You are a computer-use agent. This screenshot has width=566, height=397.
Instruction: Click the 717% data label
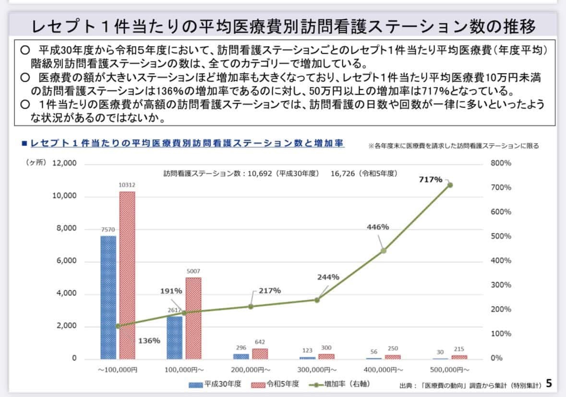click(x=431, y=179)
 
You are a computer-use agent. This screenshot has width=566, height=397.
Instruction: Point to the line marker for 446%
click(x=384, y=250)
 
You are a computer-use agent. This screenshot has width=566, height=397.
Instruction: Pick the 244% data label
click(x=328, y=277)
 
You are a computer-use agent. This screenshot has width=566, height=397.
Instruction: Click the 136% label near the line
click(x=149, y=340)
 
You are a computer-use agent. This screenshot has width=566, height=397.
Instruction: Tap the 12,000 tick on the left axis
click(x=64, y=163)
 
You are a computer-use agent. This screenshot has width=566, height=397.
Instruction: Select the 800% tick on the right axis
click(x=501, y=163)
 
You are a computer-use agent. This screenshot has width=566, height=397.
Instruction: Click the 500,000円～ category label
click(x=449, y=370)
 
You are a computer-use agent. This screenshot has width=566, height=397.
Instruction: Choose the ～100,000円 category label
click(x=118, y=370)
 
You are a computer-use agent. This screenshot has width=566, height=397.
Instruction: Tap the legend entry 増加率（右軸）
click(x=347, y=384)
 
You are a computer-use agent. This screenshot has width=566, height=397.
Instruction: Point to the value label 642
click(x=260, y=342)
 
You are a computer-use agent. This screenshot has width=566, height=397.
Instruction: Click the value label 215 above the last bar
click(x=458, y=349)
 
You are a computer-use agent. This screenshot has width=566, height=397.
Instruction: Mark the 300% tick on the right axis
click(x=501, y=285)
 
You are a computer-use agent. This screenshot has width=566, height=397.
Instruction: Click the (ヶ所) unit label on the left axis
click(x=36, y=162)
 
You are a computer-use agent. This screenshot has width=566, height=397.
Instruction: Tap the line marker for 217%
click(x=251, y=306)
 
